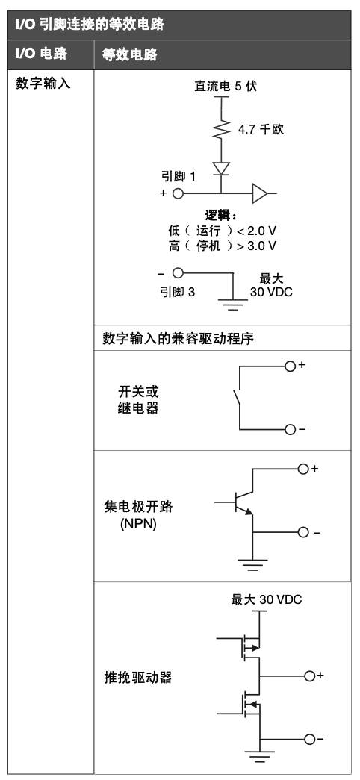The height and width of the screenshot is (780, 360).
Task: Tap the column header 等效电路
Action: tap(129, 54)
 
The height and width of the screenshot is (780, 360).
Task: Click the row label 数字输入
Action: tap(43, 83)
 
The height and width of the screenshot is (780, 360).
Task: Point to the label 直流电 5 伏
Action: tap(226, 86)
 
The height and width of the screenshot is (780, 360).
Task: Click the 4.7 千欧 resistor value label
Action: tap(261, 130)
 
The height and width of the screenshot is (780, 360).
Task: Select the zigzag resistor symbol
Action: tap(221, 130)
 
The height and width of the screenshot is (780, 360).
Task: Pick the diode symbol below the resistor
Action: tap(221, 169)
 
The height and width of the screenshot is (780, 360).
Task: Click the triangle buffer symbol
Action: tap(260, 193)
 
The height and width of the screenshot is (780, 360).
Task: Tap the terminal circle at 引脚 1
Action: tap(178, 193)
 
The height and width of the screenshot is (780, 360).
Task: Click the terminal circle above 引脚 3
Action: tap(178, 272)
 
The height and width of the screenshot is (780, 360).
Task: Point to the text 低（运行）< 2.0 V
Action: tap(222, 231)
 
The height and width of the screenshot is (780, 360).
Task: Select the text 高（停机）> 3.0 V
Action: tap(222, 246)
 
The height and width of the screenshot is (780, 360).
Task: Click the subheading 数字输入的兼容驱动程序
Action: tap(178, 339)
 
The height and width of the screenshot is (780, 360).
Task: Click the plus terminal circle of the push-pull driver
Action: tap(310, 676)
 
